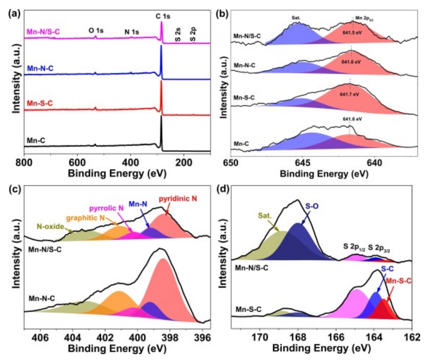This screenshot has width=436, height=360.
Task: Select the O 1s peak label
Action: coord(96,31)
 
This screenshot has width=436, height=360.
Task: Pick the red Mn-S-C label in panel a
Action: coord(40,104)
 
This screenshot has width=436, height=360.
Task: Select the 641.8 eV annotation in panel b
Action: coord(353,119)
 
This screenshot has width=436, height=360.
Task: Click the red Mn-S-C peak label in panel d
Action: coord(398,281)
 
